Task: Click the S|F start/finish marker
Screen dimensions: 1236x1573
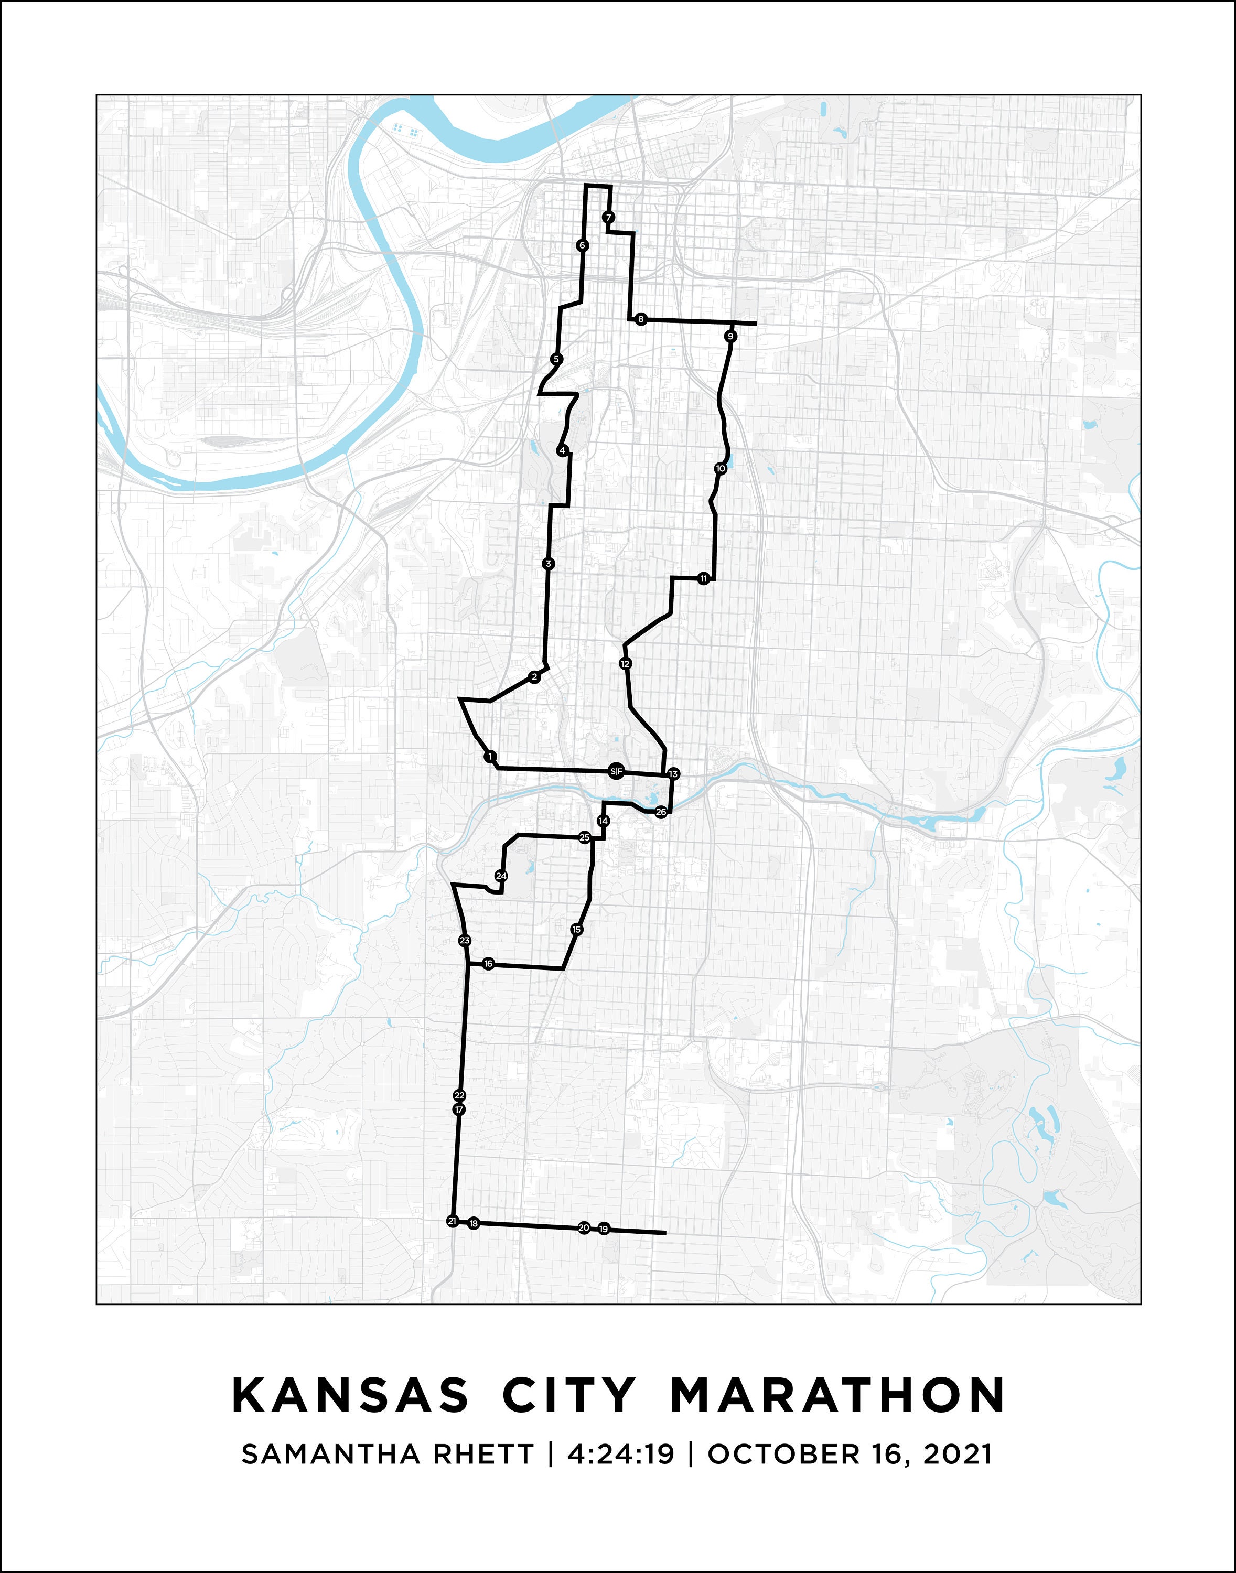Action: coord(615,771)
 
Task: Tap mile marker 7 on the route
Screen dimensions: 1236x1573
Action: coord(609,217)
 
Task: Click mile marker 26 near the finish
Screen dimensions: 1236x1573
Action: coord(661,812)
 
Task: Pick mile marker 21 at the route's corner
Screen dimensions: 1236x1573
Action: coord(452,1221)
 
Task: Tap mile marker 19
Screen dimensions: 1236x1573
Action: coord(604,1229)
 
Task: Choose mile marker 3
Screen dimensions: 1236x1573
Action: coord(549,564)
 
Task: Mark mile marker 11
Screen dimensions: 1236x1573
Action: coord(703,579)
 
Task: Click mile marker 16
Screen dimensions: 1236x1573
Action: coord(488,964)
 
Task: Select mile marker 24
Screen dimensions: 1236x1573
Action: coord(501,876)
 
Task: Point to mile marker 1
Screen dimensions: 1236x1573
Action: coord(491,757)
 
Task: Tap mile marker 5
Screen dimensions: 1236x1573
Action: coord(556,359)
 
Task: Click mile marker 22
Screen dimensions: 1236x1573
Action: coord(459,1095)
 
